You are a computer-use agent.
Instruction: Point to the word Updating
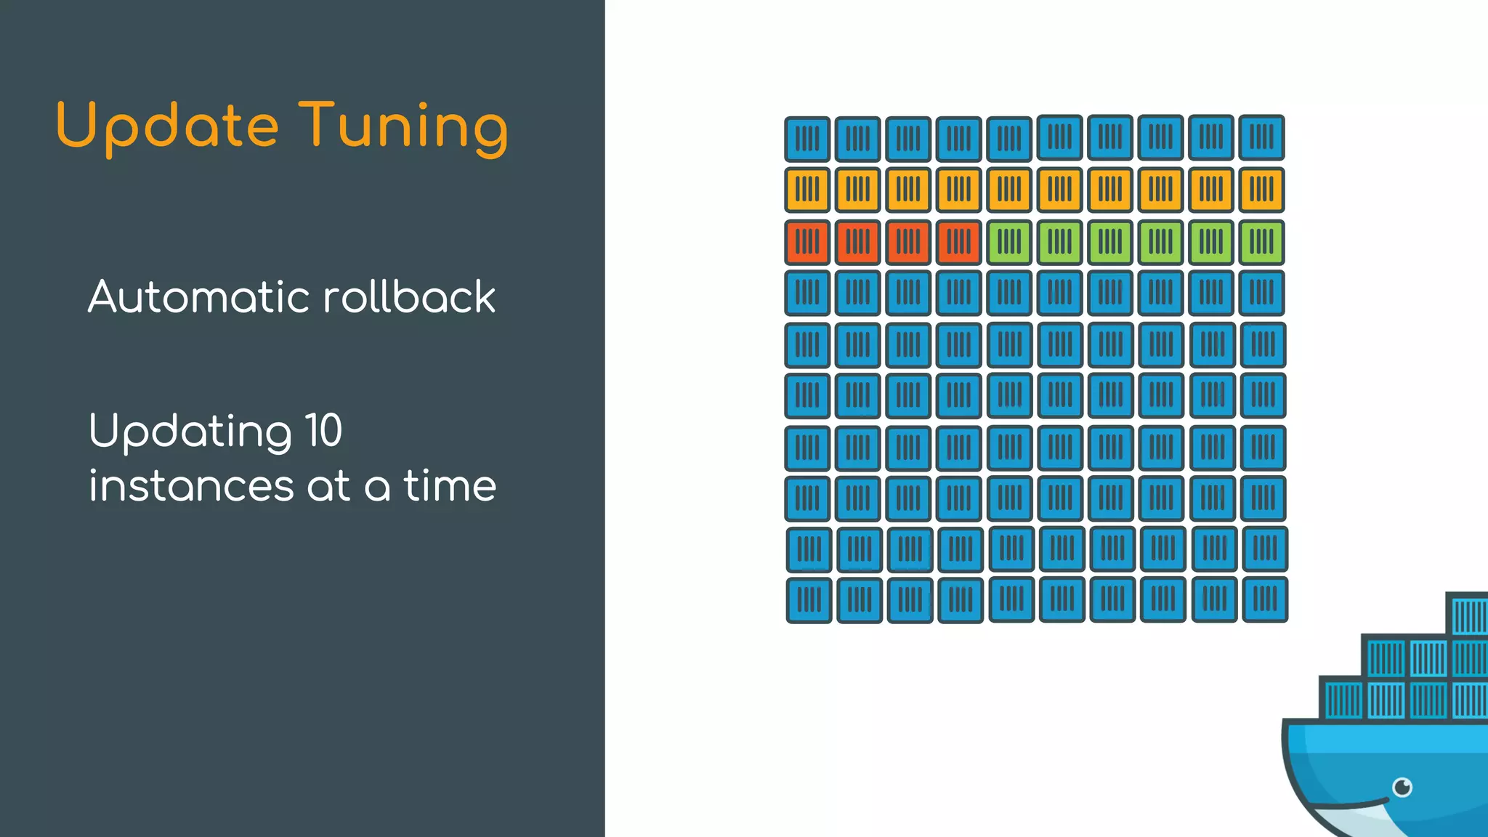pos(190,432)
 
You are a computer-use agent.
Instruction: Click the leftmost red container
pos(807,242)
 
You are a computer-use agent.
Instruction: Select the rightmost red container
pos(958,242)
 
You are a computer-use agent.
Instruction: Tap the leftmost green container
pos(1009,242)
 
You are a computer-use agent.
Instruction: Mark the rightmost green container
pos(1261,242)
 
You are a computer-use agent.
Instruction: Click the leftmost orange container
pos(807,190)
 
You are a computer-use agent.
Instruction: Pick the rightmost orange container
pos(1261,190)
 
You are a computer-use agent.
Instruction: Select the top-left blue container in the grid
pos(807,139)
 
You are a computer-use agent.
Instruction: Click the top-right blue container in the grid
pos(1261,137)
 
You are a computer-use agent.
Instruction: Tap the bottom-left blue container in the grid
pos(809,600)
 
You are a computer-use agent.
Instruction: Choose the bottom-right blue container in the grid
pos(1265,599)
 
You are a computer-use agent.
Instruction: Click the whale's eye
pos(1402,787)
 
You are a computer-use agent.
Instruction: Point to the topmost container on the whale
pos(1468,615)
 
